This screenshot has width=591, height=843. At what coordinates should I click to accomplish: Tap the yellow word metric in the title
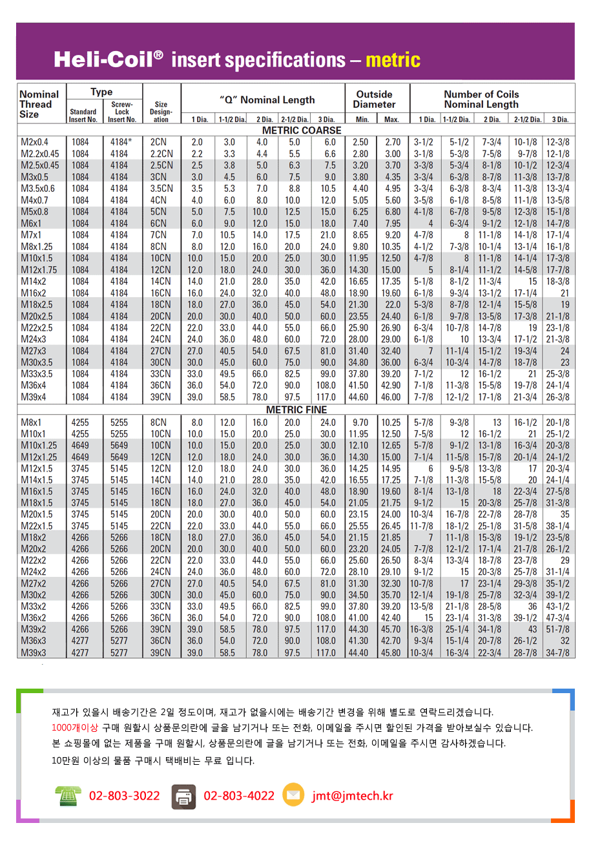[393, 61]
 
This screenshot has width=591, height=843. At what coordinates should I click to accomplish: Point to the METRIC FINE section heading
[295, 410]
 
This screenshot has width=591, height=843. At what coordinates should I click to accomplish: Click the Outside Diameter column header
[374, 99]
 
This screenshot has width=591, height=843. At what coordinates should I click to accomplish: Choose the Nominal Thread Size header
[39, 104]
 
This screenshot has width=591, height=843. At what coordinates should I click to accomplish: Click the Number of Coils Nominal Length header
[481, 99]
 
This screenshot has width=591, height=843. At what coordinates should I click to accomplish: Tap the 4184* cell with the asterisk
[121, 142]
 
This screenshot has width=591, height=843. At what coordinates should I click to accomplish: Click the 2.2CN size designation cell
[161, 154]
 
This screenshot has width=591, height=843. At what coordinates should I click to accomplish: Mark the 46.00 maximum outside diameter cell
[391, 397]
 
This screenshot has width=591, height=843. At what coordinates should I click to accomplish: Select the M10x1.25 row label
[38, 446]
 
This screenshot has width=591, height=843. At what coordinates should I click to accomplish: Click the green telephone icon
[67, 796]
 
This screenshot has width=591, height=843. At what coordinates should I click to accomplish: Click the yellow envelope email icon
[293, 795]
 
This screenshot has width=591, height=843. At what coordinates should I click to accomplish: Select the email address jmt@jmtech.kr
[352, 796]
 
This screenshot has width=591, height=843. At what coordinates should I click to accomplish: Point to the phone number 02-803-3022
[124, 796]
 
